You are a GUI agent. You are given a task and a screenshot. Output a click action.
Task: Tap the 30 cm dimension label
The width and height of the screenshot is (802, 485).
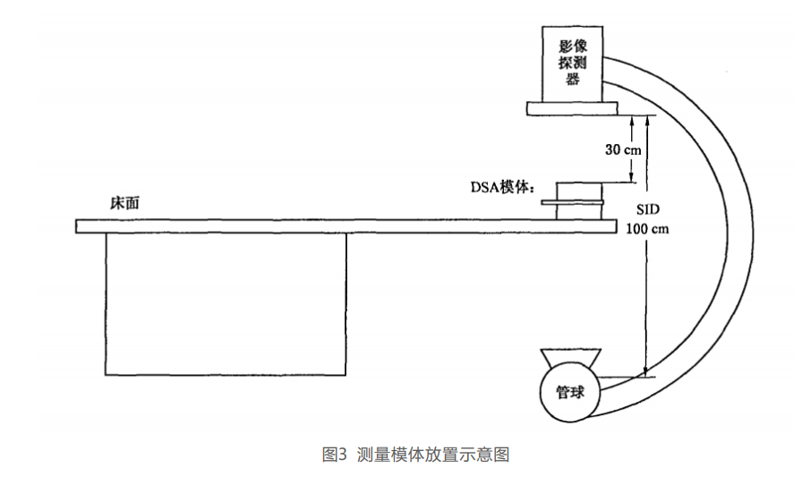623,149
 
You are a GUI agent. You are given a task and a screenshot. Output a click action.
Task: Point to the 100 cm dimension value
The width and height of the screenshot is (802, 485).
649,228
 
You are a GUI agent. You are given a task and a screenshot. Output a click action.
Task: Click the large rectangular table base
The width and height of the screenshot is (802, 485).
226,304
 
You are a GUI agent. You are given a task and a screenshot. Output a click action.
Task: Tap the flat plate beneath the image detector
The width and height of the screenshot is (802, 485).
572,107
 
